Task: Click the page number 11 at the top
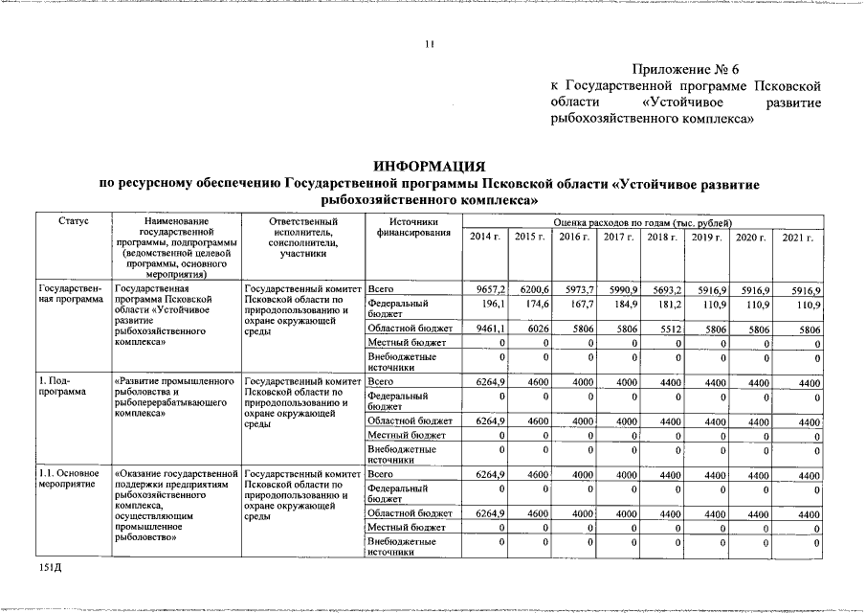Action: tap(431, 43)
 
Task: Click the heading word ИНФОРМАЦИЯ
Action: tap(431, 165)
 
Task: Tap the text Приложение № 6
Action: tap(686, 68)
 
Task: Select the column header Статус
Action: tap(73, 221)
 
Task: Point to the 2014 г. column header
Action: tap(485, 237)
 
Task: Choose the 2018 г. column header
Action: tap(661, 237)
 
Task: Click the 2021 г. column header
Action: tap(797, 237)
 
